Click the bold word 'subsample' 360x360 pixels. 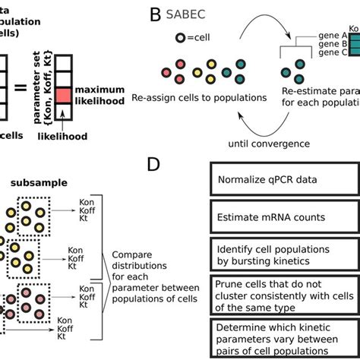click(33, 184)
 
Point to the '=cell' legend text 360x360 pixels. click(198, 37)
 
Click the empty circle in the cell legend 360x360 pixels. click(179, 37)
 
